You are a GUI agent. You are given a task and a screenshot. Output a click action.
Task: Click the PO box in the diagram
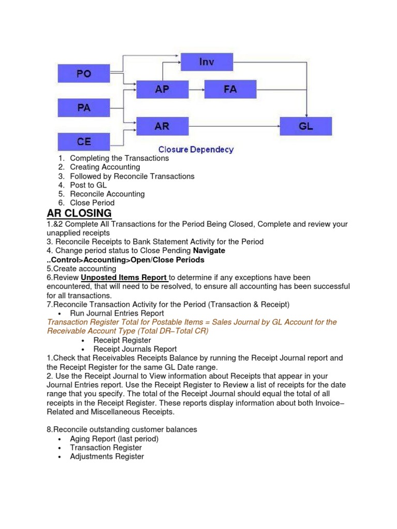click(x=84, y=74)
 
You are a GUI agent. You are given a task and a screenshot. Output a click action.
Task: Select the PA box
click(x=84, y=108)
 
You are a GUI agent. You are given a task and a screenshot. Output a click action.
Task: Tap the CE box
click(x=84, y=142)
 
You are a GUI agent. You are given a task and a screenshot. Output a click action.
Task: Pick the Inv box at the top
click(x=206, y=63)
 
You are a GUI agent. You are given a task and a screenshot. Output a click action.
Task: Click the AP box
click(x=162, y=89)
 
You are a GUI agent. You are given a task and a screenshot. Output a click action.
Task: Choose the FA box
click(x=230, y=89)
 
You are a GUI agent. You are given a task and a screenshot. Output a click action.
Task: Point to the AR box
click(x=162, y=126)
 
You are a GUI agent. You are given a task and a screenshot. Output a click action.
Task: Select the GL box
click(x=306, y=126)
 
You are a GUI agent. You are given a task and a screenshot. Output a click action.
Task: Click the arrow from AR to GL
click(x=234, y=126)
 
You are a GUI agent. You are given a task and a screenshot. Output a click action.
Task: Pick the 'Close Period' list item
click(x=92, y=203)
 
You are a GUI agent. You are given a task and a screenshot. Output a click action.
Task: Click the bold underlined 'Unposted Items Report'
click(x=124, y=277)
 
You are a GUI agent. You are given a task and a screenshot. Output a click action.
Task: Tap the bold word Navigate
click(x=209, y=251)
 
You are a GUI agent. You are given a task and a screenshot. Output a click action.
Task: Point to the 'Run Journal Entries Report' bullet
click(x=117, y=313)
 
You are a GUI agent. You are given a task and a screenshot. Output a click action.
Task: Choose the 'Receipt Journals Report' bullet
click(x=135, y=349)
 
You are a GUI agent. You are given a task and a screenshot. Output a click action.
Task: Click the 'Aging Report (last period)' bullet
click(x=114, y=439)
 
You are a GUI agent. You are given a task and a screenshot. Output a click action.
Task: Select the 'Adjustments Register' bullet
click(x=107, y=456)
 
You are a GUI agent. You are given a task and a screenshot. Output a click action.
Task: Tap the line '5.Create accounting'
click(x=82, y=269)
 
